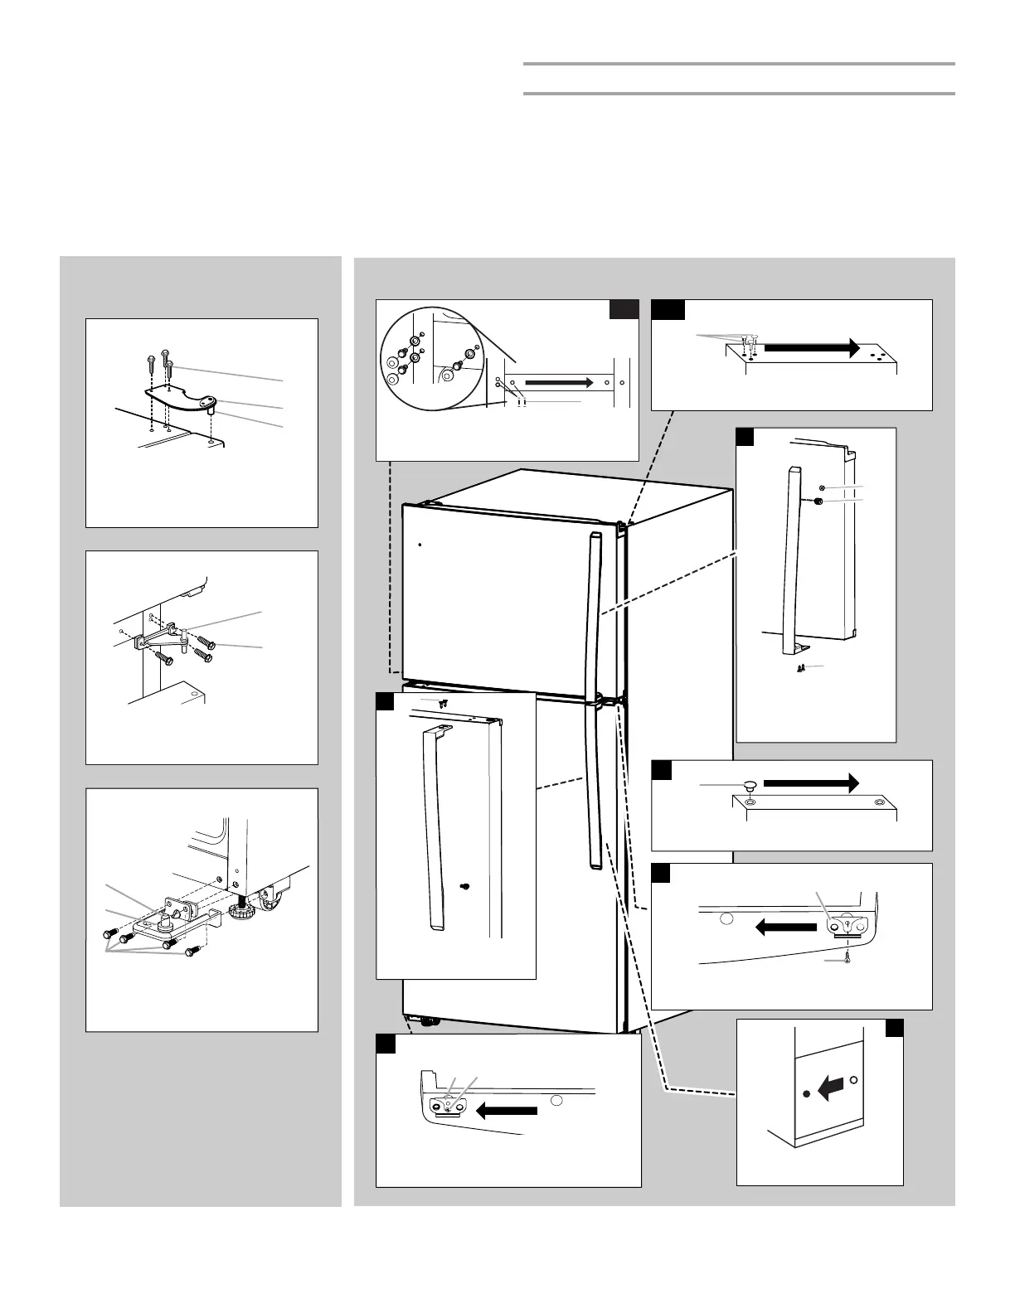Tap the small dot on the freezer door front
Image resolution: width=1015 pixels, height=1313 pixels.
click(420, 545)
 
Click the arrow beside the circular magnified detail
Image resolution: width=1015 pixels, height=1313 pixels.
click(560, 383)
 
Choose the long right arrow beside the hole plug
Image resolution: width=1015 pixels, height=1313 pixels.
click(811, 782)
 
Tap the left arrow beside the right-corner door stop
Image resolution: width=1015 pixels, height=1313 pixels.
click(786, 928)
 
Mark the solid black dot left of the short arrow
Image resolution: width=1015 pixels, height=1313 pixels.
click(807, 1094)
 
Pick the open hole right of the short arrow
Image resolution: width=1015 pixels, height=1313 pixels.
click(855, 1081)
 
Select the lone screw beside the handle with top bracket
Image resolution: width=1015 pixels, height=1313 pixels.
click(464, 886)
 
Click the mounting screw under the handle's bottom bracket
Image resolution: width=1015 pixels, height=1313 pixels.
click(802, 666)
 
